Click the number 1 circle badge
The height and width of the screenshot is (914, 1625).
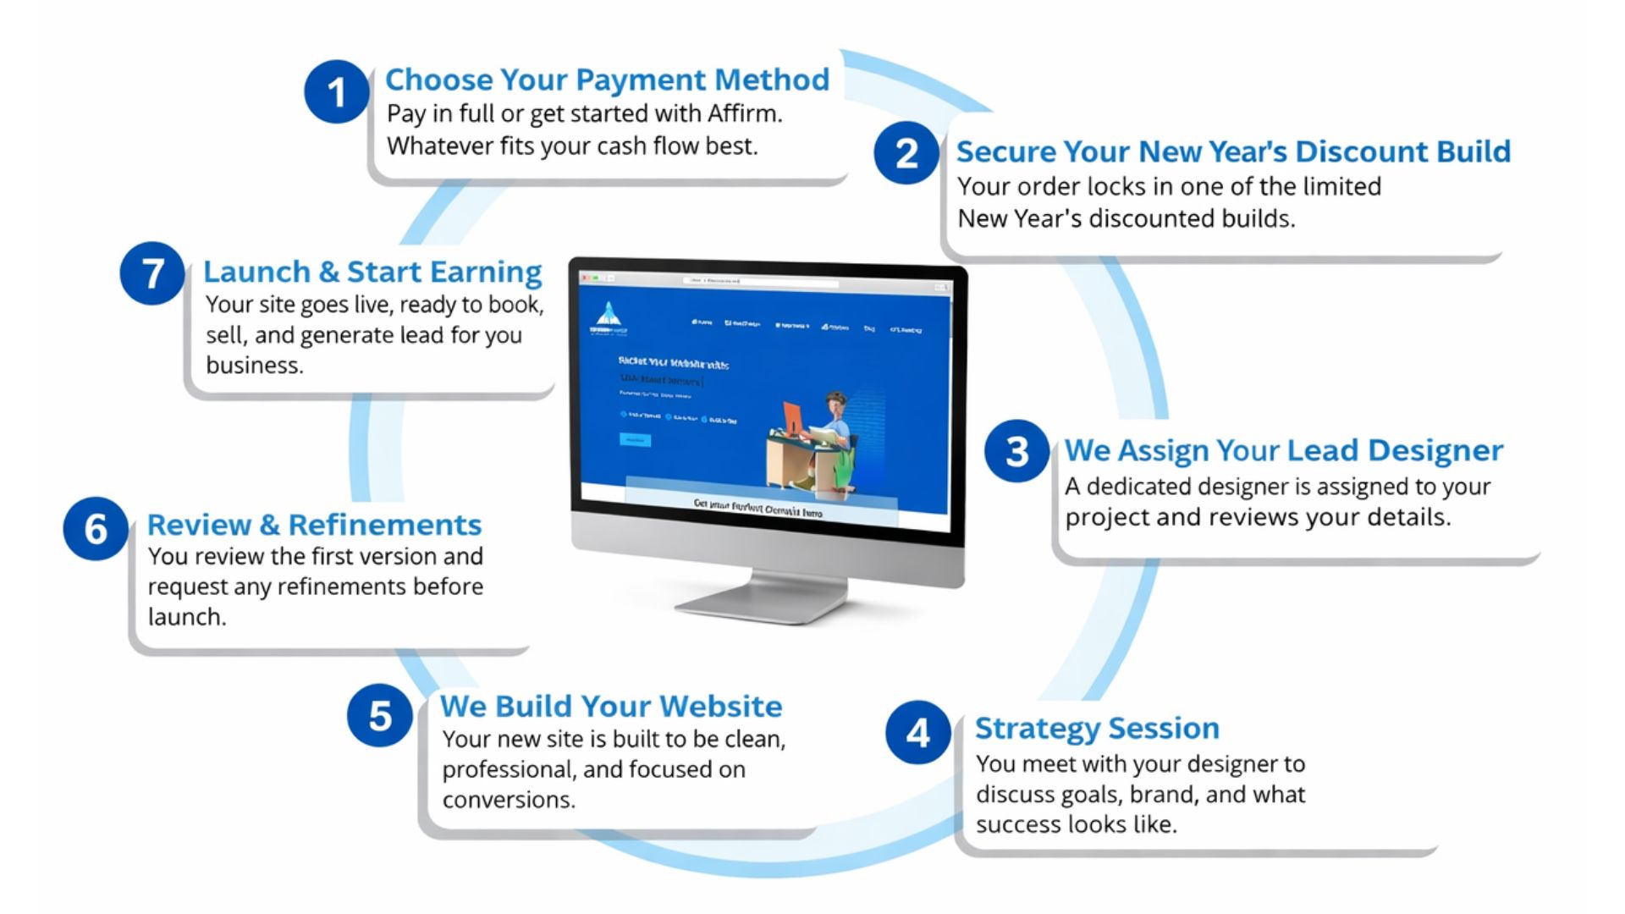click(x=336, y=91)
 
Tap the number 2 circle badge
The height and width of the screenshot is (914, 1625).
click(x=906, y=152)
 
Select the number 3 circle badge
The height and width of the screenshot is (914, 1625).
click(x=1016, y=451)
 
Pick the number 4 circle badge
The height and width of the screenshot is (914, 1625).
click(x=917, y=733)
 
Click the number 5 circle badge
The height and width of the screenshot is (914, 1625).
click(x=379, y=716)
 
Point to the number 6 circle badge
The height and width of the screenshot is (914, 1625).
click(x=96, y=529)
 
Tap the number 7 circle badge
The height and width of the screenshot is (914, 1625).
click(x=152, y=273)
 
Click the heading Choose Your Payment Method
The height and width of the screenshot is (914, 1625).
click(x=607, y=80)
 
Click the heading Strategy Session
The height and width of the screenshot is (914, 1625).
click(x=1097, y=728)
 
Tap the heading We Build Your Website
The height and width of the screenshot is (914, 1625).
click(x=610, y=706)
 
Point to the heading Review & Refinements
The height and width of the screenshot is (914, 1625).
click(x=314, y=525)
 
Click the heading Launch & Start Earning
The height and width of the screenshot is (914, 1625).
click(x=372, y=272)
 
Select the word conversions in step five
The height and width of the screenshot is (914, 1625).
click(x=507, y=800)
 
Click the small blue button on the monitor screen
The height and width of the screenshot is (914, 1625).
click(x=635, y=440)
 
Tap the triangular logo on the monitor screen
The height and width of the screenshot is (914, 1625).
click(x=608, y=315)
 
